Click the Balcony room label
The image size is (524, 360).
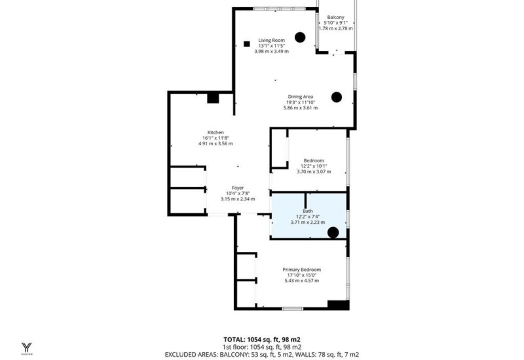(335, 17)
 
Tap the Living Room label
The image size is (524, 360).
(271, 40)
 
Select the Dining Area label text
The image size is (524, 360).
(301, 96)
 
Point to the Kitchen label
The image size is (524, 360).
(215, 132)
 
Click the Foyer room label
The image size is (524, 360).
(238, 188)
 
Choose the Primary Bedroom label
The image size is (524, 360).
(302, 270)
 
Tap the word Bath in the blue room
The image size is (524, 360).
(308, 211)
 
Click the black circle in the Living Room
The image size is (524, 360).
(300, 37)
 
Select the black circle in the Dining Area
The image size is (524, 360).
(337, 97)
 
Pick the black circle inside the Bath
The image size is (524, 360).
(333, 232)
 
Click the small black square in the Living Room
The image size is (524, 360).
(247, 44)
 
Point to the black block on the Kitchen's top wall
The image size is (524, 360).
(213, 98)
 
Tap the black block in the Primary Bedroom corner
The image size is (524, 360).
(338, 305)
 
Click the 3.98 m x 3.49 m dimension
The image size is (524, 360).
(272, 52)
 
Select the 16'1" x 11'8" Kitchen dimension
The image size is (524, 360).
(215, 138)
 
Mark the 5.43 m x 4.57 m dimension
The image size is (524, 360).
(302, 281)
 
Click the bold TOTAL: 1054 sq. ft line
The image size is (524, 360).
(262, 340)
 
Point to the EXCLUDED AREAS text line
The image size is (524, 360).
(262, 355)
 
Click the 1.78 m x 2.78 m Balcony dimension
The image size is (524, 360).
(335, 28)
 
